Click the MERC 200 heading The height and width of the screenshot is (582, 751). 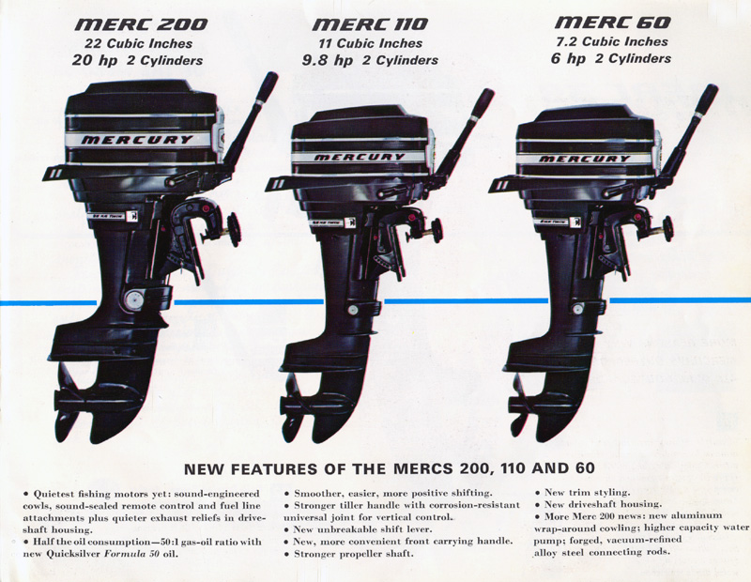pos(142,24)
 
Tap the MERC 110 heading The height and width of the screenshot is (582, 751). pos(370,24)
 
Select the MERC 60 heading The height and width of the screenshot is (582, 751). pos(613,23)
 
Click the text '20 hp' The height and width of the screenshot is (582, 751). pos(95,61)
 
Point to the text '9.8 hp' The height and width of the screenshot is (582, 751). pos(328,61)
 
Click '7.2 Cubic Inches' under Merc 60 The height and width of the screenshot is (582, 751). pos(612,41)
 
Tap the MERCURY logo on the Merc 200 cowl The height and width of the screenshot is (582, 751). pos(137,140)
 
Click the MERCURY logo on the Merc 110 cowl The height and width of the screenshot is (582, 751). pos(360,157)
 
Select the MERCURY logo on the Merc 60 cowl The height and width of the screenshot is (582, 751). pos(585,159)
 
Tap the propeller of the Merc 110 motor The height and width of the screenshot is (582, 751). pos(293,408)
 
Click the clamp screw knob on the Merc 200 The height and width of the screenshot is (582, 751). pos(234,230)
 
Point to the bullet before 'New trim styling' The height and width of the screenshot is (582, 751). pos(538,493)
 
